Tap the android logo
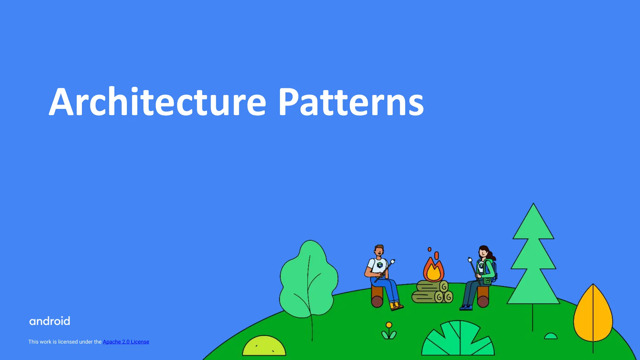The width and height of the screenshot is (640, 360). [50, 321]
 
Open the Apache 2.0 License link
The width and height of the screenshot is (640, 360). [126, 342]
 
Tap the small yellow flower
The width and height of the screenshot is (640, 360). [389, 325]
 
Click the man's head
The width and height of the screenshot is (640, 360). [379, 250]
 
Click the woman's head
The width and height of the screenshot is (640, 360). [484, 252]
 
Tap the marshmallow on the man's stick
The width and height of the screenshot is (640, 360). [393, 261]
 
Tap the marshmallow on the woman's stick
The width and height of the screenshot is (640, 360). [470, 259]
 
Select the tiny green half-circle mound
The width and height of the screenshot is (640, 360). [551, 336]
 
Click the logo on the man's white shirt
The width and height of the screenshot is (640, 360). [380, 265]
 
